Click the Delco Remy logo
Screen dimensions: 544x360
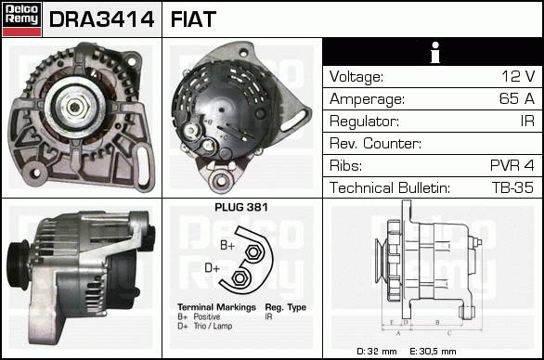point(21,19)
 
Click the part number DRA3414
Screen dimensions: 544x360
point(102,19)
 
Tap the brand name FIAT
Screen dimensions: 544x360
point(193,19)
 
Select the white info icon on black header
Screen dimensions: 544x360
point(435,52)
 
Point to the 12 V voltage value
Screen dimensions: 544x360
point(518,76)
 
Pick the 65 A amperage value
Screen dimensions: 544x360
point(516,98)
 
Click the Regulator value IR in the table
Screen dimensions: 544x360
point(527,121)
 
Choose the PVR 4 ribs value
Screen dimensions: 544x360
point(512,165)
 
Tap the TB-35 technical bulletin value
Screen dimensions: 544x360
point(512,187)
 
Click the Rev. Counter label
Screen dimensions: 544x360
point(375,143)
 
